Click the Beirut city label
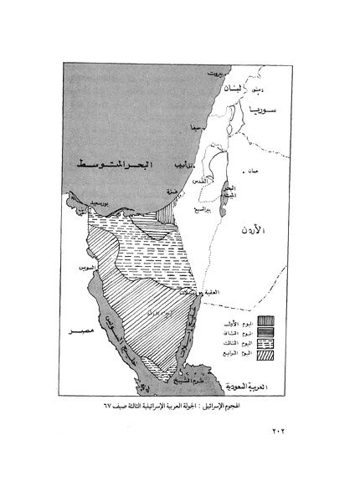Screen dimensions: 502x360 (219, 74)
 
